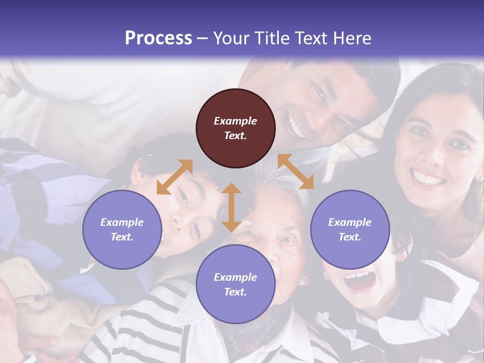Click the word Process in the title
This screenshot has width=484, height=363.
click(158, 38)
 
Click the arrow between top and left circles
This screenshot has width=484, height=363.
click(174, 177)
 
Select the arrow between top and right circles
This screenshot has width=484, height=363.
click(295, 171)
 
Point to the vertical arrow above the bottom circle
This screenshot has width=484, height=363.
click(231, 207)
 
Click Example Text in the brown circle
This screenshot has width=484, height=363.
click(235, 128)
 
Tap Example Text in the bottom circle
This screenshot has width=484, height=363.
click(235, 284)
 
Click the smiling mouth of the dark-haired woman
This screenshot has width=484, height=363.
click(428, 178)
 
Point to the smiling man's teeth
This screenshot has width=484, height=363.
click(295, 124)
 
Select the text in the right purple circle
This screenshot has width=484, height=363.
click(350, 229)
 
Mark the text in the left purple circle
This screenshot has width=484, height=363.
click(122, 229)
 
